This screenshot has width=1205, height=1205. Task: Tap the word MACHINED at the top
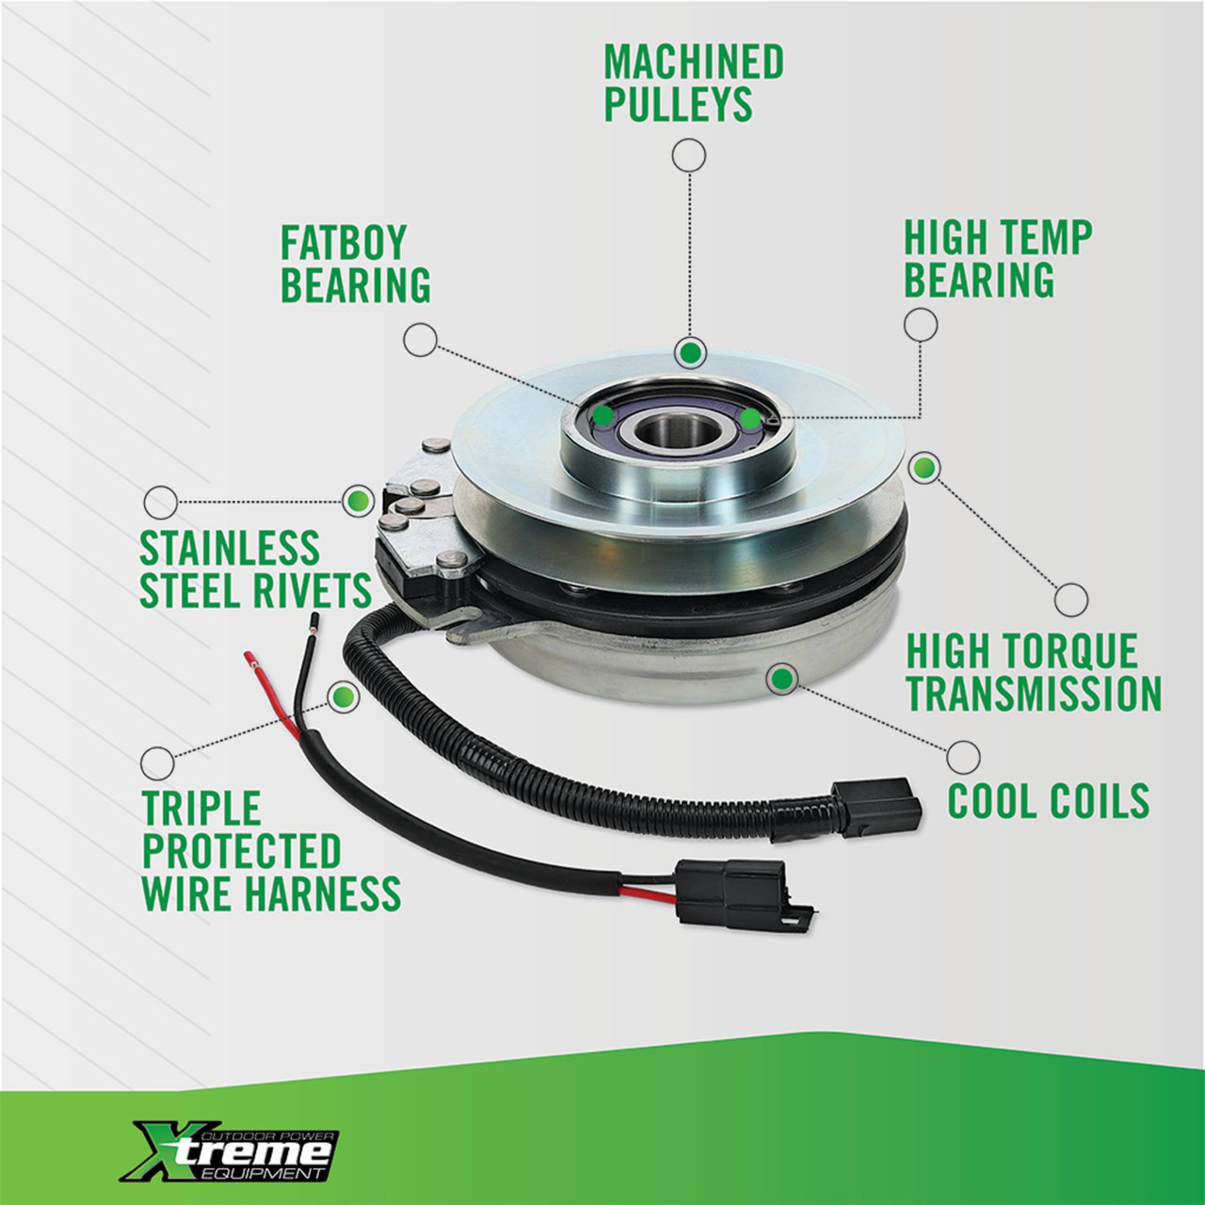[x=694, y=62]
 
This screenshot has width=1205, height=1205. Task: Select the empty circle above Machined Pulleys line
[x=689, y=155]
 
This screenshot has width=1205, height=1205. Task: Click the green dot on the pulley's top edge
[x=690, y=353]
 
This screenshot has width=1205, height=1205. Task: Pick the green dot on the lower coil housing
[x=782, y=678]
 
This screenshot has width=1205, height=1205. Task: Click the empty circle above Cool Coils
[x=963, y=757]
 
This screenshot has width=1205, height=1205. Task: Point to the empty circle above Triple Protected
[x=157, y=763]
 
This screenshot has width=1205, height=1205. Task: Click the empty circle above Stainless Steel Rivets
[x=161, y=502]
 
